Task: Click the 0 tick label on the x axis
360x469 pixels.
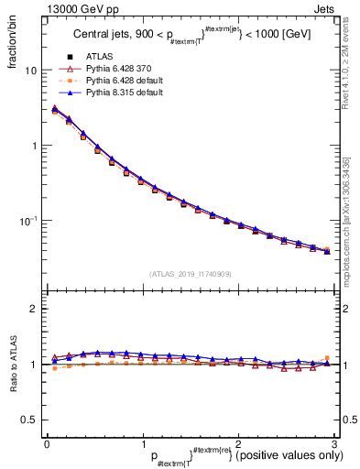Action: pyautogui.click(x=47, y=443)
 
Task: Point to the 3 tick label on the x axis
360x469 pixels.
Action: pyautogui.click(x=334, y=443)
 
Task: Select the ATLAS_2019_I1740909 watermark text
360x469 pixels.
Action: pyautogui.click(x=190, y=274)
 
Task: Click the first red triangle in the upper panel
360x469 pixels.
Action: pyautogui.click(x=54, y=110)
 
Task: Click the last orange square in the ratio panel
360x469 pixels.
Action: pyautogui.click(x=327, y=358)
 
